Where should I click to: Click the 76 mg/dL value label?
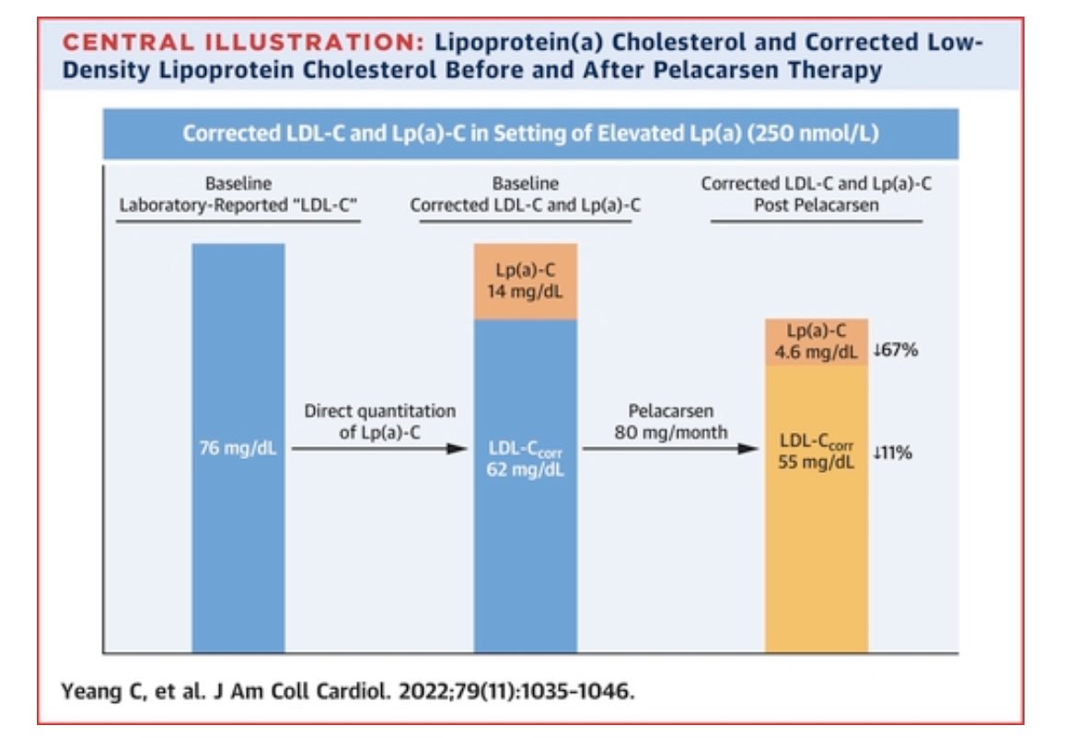point(237,452)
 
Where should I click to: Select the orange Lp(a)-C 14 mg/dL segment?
point(525,282)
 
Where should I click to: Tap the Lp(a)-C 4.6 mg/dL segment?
point(816,342)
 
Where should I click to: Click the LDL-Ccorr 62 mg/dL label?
point(525,460)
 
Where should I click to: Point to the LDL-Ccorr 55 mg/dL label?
point(816,451)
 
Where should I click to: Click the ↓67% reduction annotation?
point(894,351)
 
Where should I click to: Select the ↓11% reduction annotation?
point(894,452)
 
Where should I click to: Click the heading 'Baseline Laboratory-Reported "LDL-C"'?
point(237,194)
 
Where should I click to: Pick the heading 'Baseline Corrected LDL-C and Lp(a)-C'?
point(525,194)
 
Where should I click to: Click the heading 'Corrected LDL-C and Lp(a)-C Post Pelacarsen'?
point(816,194)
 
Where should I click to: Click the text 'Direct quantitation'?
point(379,411)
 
